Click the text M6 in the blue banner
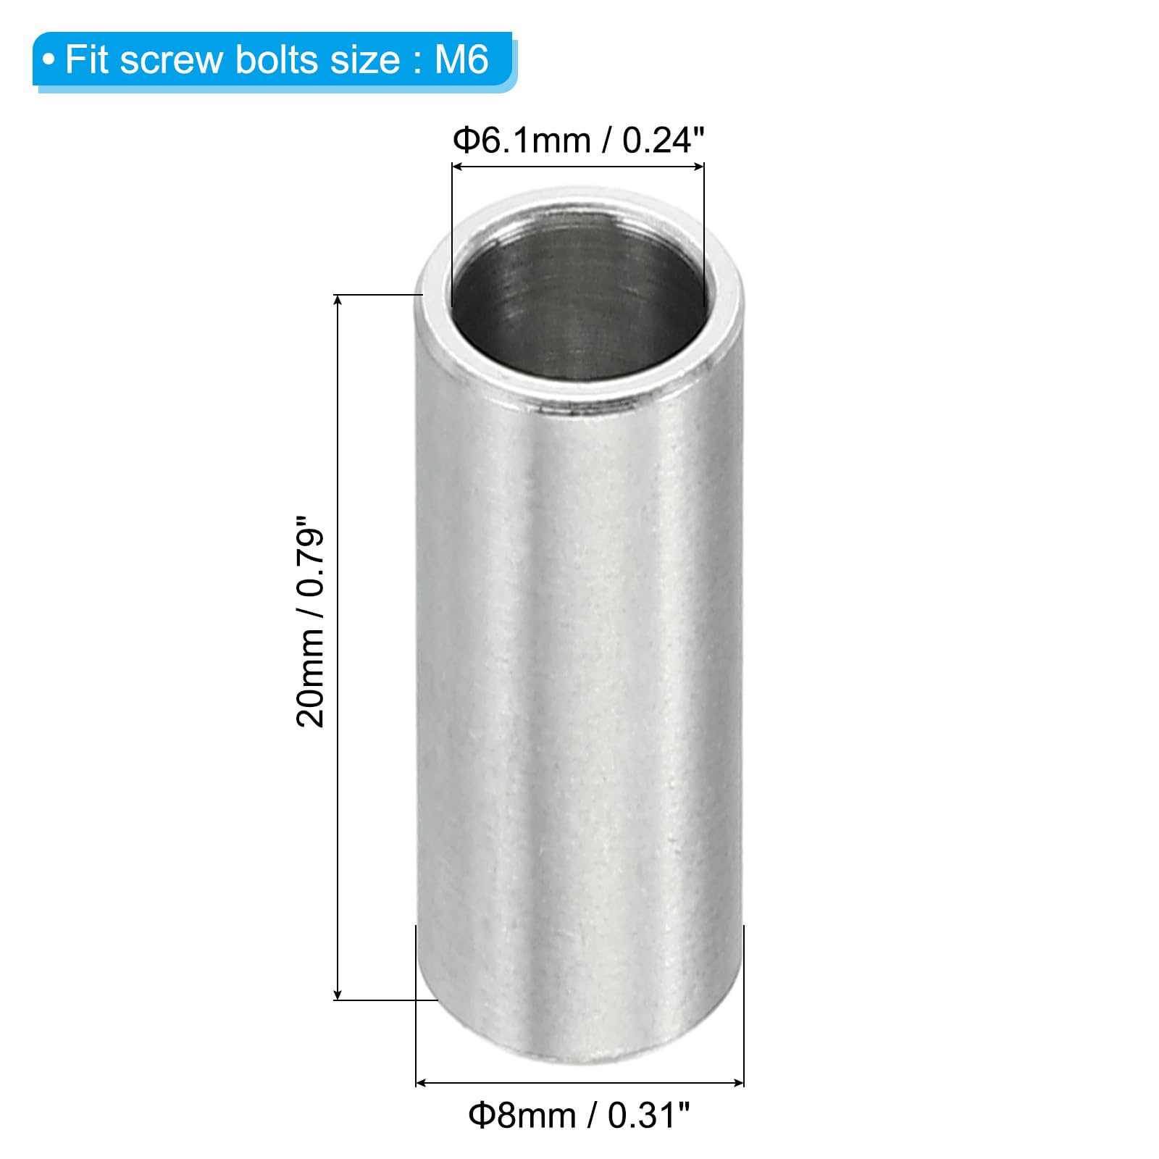tap(461, 59)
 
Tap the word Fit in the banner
tap(87, 59)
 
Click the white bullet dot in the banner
tap(49, 60)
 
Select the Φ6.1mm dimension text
tap(522, 140)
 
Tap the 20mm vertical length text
tap(310, 677)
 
